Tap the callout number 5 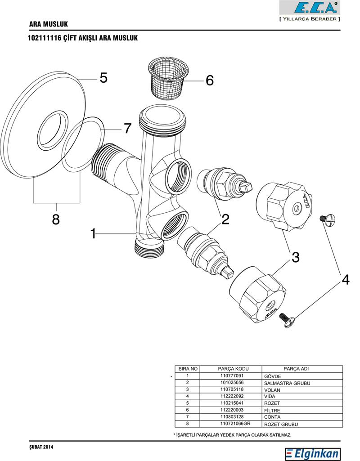tap(103, 78)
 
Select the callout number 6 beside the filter tap(210, 81)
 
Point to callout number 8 tap(56, 220)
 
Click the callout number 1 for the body tap(93, 234)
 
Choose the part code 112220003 tap(232, 410)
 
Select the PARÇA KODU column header tap(232, 369)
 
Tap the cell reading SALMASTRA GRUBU tap(287, 383)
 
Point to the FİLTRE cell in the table tap(272, 410)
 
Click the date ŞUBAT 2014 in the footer tap(41, 447)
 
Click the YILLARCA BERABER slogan tap(310, 19)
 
